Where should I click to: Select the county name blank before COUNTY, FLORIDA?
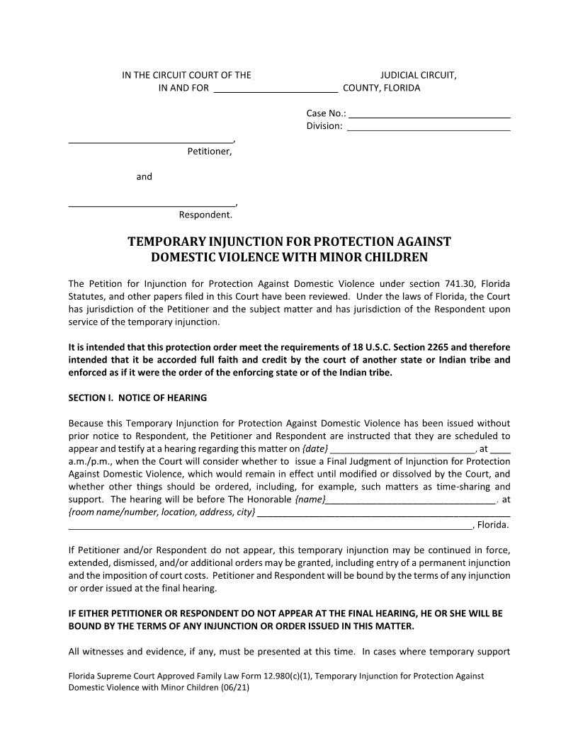click(276, 89)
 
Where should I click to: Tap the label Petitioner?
click(209, 151)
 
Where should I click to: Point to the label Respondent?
click(205, 215)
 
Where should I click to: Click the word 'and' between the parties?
click(144, 176)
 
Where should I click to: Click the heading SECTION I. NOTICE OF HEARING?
click(137, 397)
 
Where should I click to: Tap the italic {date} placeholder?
click(314, 449)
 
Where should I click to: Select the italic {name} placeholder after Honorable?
click(310, 500)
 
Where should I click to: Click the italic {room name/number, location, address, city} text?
click(161, 512)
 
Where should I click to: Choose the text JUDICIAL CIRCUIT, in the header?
click(418, 75)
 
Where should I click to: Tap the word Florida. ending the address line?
click(494, 525)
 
